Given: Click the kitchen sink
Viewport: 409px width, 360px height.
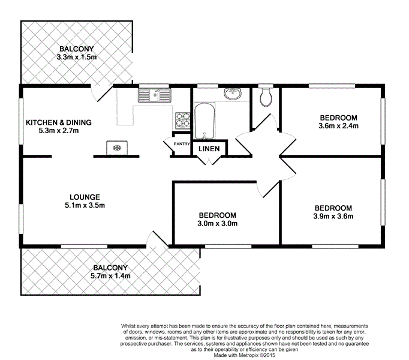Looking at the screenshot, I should (155, 94).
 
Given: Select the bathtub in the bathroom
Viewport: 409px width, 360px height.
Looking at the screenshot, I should (204, 122).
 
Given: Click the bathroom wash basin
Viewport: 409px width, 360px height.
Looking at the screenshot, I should (232, 94).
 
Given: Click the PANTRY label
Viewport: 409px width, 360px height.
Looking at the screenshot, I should (181, 144).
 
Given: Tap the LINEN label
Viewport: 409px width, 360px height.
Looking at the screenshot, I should (208, 149).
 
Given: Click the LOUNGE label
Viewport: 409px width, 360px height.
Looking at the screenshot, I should (84, 197).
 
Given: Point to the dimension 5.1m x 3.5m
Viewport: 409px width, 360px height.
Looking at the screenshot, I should (84, 205).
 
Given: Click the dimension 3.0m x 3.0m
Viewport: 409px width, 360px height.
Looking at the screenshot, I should (217, 224).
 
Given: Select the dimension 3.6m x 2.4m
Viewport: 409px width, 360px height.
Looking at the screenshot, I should (338, 126).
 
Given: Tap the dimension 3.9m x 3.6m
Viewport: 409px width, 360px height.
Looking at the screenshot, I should (333, 216).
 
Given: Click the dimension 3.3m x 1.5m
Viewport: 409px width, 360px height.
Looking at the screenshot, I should (76, 57).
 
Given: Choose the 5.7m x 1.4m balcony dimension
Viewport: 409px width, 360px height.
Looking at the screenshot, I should (110, 276).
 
